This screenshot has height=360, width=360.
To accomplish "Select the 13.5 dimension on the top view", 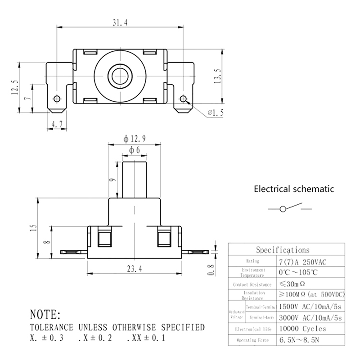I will (218, 77).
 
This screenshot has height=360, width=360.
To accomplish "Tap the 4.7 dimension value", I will (57, 124).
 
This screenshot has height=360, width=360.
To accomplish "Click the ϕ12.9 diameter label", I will (135, 139).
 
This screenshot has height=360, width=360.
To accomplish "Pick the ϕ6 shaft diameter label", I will (135, 150).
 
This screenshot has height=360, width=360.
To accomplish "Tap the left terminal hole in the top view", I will (57, 99).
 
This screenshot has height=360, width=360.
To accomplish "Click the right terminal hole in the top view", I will (183, 99).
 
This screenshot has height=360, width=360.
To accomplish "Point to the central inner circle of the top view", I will (120, 75).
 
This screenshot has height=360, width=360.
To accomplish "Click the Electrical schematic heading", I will (294, 189).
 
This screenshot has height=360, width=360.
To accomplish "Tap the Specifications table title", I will (283, 250).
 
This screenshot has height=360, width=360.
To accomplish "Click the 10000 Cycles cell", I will (302, 328).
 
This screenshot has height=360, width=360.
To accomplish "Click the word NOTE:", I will (45, 314).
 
